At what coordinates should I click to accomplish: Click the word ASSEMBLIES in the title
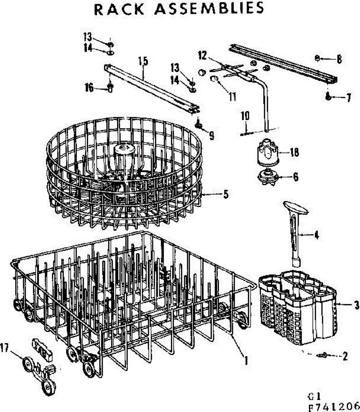tap(209, 9)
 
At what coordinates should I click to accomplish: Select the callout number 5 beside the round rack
tap(225, 194)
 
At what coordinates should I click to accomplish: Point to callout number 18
tap(294, 152)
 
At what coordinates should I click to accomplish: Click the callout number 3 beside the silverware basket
tap(357, 304)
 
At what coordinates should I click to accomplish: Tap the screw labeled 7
tap(328, 97)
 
